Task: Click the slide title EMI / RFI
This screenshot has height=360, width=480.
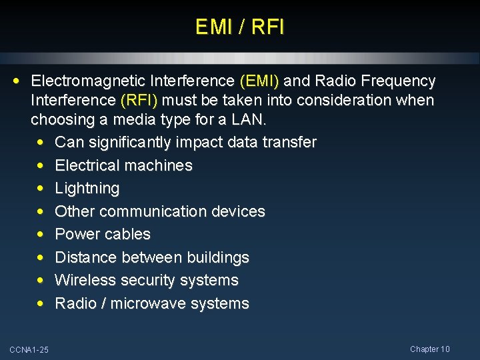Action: (x=240, y=27)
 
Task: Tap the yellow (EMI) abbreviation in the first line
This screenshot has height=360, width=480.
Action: (x=261, y=81)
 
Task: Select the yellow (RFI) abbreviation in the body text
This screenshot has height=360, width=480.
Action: (x=139, y=101)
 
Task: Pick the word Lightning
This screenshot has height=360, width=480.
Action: (x=87, y=189)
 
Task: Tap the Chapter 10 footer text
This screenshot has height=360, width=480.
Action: (x=430, y=349)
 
